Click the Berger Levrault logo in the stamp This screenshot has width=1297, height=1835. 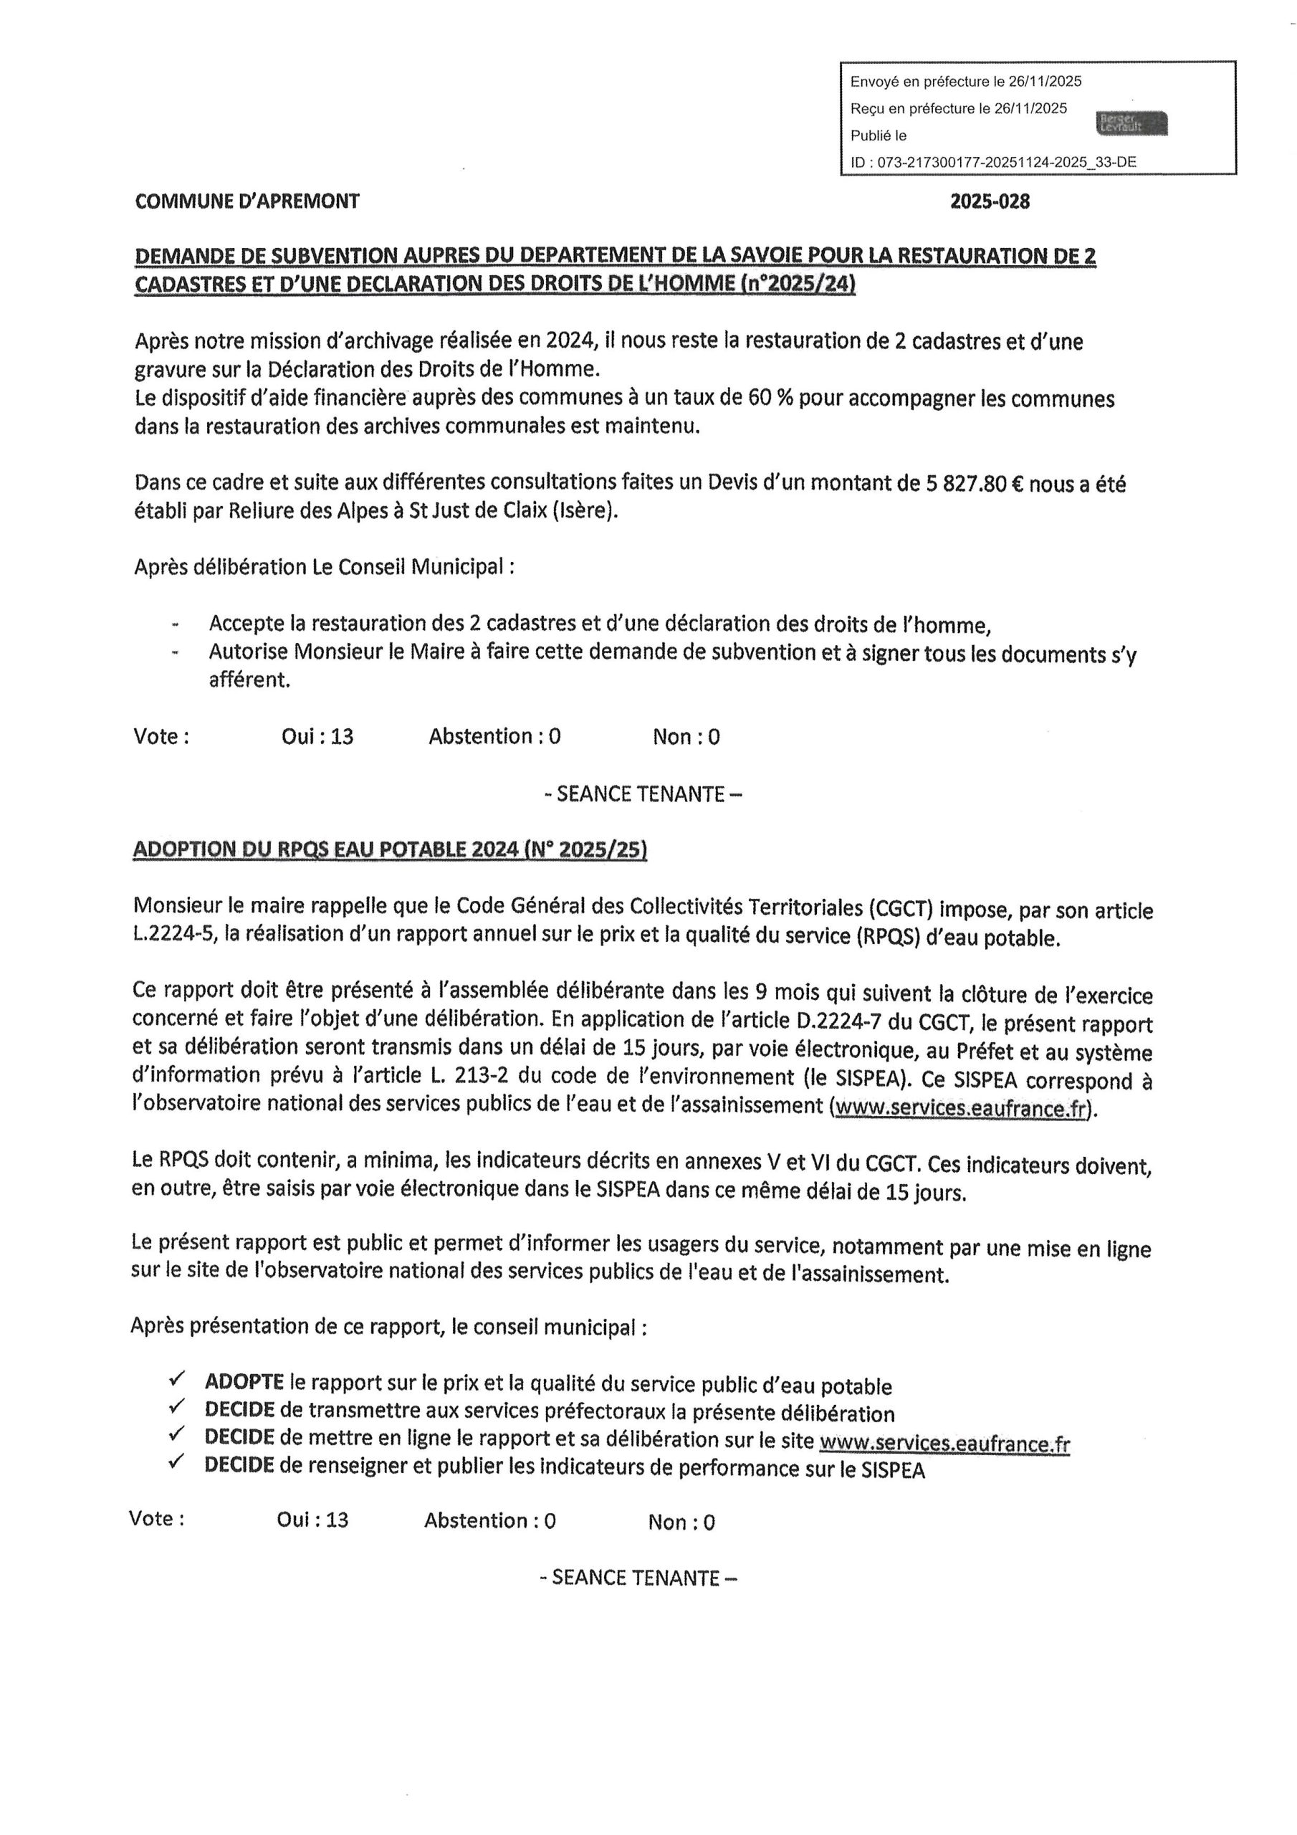(1132, 123)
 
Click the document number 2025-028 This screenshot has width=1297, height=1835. (990, 201)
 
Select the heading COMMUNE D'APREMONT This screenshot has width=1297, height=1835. (247, 201)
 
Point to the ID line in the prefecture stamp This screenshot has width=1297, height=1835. (992, 162)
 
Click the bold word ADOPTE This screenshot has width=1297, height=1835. (244, 1382)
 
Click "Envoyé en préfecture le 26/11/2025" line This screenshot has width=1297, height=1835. (965, 82)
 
